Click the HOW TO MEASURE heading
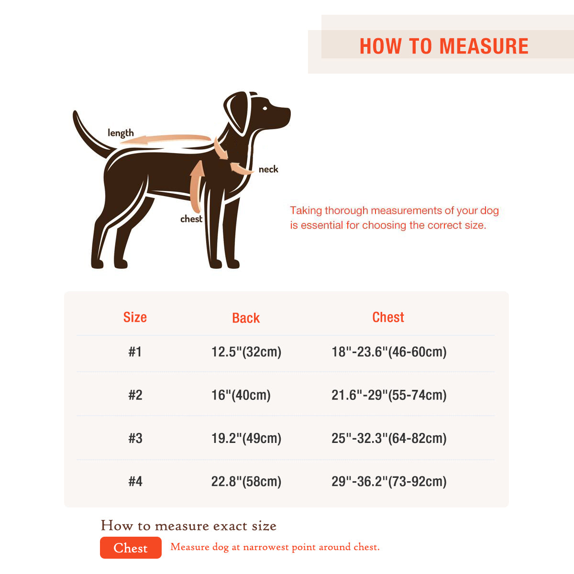click(444, 46)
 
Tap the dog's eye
click(265, 107)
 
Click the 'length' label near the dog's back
click(121, 133)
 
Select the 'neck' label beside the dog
click(268, 169)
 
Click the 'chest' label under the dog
click(191, 219)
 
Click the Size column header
click(135, 317)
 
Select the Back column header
click(246, 318)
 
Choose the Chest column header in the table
click(388, 317)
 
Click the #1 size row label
click(135, 352)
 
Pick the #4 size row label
click(135, 481)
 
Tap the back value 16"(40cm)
click(241, 395)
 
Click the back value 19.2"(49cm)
click(246, 438)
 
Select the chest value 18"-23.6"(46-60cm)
click(389, 352)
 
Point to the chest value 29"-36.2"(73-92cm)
click(389, 481)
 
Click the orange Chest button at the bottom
click(131, 548)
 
